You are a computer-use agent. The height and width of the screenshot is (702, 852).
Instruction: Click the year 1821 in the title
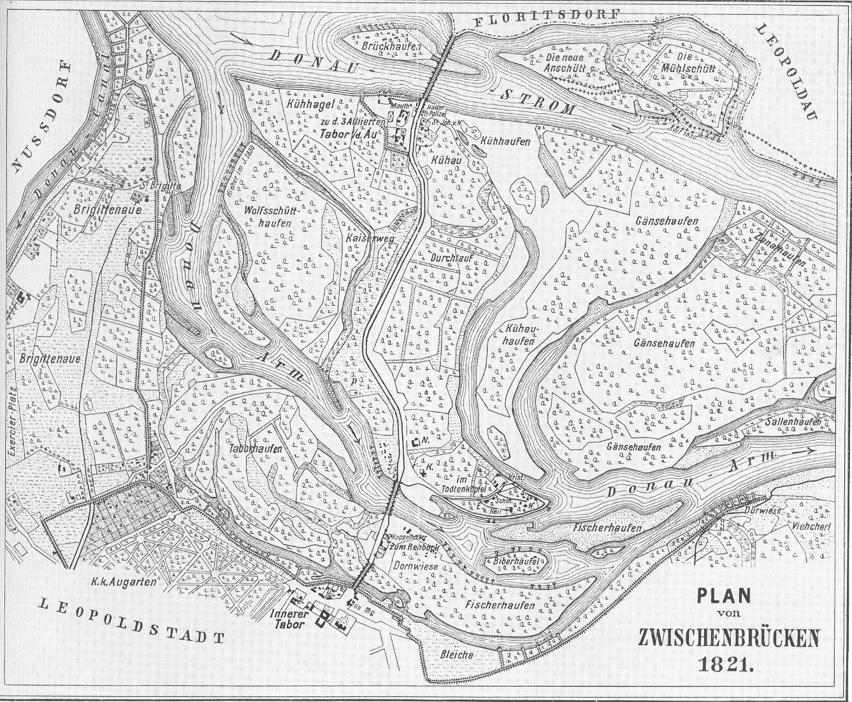727,664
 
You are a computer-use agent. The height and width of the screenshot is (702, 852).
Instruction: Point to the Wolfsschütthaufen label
267,216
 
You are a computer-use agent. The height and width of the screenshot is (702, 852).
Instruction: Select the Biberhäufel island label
517,561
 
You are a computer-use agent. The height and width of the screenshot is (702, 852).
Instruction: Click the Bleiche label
456,654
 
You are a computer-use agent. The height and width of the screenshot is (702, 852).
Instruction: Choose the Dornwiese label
409,564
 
